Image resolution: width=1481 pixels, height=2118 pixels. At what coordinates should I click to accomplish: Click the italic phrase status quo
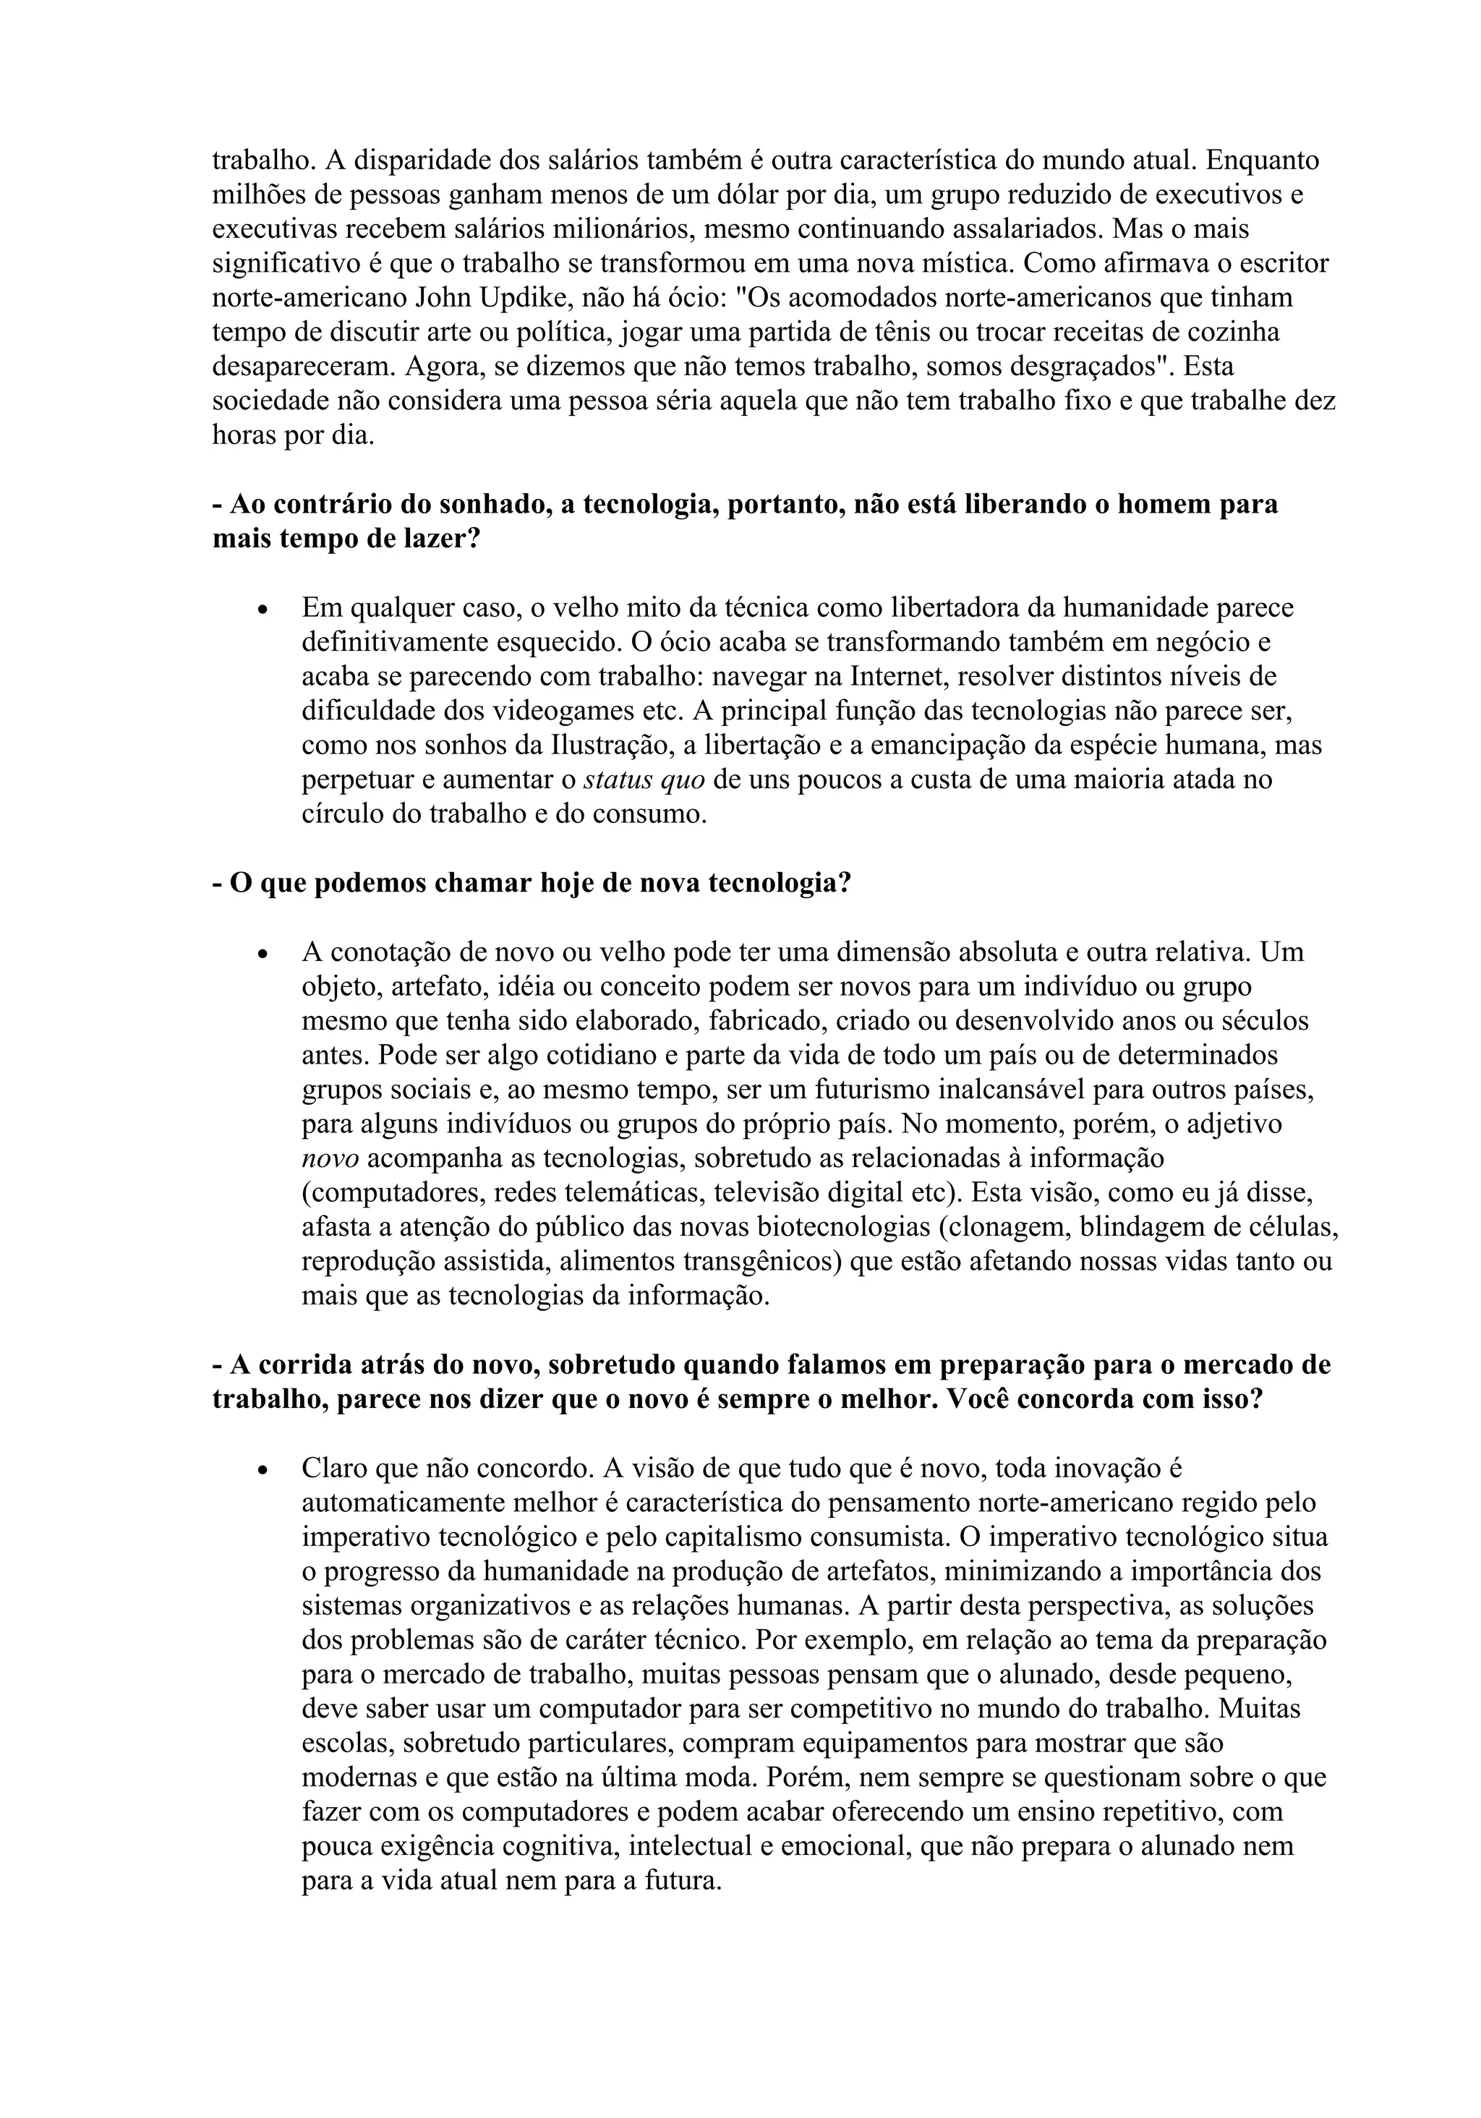[644, 780]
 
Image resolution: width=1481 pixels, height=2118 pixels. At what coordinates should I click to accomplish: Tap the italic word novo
[330, 1158]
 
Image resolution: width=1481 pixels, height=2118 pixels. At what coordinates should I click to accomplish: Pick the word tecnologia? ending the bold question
[779, 883]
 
